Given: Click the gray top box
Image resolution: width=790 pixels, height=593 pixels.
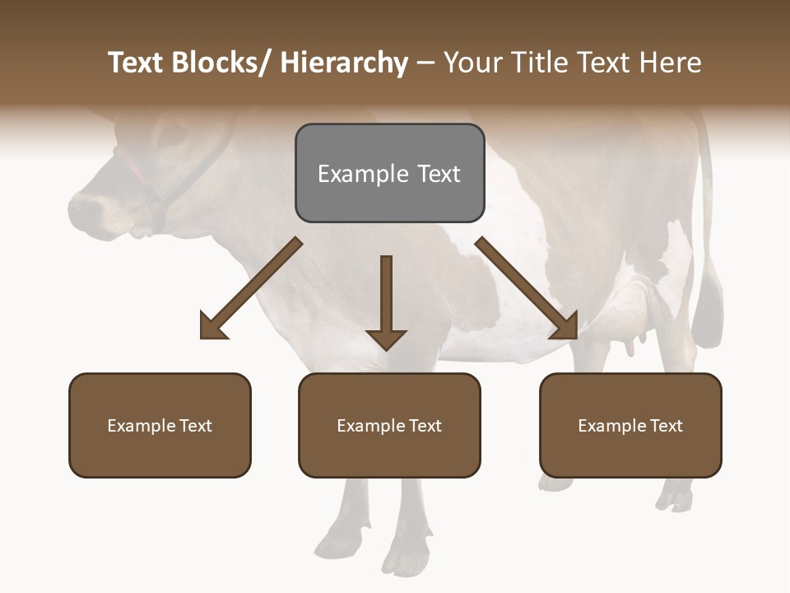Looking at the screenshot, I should (389, 173).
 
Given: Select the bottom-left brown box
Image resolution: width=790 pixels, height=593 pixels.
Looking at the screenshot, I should (160, 425).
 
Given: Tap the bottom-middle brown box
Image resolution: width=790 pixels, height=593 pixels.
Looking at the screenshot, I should (389, 425).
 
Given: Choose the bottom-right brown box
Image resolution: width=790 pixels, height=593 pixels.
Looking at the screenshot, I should (630, 425).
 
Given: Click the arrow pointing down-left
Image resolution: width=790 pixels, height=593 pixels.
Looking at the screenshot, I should (252, 288).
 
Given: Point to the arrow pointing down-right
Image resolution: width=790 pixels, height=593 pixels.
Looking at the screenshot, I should (527, 288).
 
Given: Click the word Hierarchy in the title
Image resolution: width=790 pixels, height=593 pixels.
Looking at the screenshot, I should (344, 63).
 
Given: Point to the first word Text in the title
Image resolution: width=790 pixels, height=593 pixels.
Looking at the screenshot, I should (137, 63).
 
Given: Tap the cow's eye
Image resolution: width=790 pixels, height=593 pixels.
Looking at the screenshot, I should (173, 136).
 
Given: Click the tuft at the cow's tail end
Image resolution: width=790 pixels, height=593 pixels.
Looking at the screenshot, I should (707, 313).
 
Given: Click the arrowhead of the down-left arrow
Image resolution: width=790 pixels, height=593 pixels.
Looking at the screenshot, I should (212, 326).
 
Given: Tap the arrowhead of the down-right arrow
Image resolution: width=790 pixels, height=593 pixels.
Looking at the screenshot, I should (565, 326).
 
